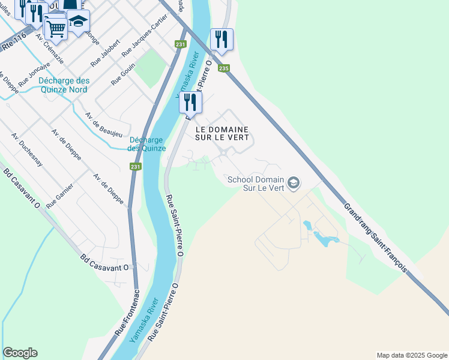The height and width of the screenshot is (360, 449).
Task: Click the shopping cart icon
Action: coord(55,26)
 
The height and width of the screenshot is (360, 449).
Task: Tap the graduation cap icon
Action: coord(77,22)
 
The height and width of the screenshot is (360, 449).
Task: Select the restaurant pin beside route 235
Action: coord(221,40)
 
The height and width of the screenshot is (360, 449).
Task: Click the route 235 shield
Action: coord(223,68)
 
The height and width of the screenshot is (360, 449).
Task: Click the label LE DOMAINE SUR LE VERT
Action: coord(222,133)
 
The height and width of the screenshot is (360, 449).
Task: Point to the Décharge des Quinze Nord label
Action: coord(63,85)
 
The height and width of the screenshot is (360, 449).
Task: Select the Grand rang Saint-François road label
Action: coord(376,238)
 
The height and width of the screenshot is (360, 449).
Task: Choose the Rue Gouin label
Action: coord(123,75)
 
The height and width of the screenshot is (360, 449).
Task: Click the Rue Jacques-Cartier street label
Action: coord(144,44)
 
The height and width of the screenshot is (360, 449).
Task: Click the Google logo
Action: coord(20,353)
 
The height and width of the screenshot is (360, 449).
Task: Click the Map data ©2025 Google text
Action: coord(411,355)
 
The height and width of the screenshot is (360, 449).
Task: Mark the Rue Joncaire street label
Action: coord(34,76)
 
